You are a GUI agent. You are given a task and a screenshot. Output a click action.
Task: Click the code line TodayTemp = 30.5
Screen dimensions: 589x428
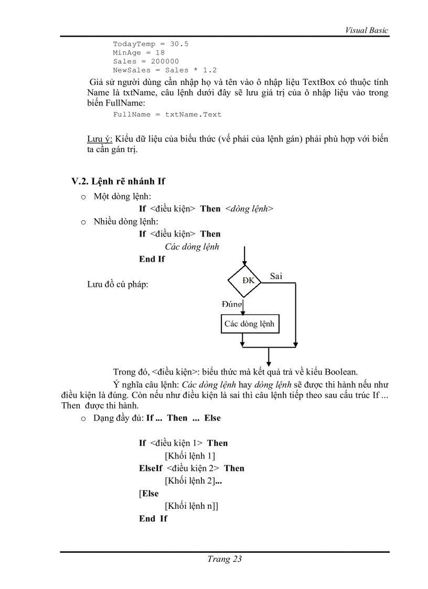151,44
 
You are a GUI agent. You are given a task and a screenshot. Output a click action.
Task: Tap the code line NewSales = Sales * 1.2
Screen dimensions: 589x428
165,70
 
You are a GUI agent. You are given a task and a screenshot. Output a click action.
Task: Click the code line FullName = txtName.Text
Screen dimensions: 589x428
167,114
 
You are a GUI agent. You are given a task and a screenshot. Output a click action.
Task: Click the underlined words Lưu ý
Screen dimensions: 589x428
99,139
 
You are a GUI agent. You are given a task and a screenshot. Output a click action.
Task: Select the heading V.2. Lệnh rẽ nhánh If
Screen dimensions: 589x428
118,181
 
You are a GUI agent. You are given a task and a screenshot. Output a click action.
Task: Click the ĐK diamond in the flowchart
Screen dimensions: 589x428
248,280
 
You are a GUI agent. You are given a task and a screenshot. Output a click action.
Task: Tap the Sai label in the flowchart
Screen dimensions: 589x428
276,276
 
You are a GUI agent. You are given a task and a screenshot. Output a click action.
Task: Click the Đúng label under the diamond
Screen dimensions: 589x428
232,304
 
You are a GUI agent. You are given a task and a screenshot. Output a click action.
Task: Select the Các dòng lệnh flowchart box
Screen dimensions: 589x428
249,324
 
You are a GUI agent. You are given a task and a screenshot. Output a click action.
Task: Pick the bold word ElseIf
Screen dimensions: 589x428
151,468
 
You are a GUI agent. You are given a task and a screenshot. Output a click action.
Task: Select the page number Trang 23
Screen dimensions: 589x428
224,559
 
